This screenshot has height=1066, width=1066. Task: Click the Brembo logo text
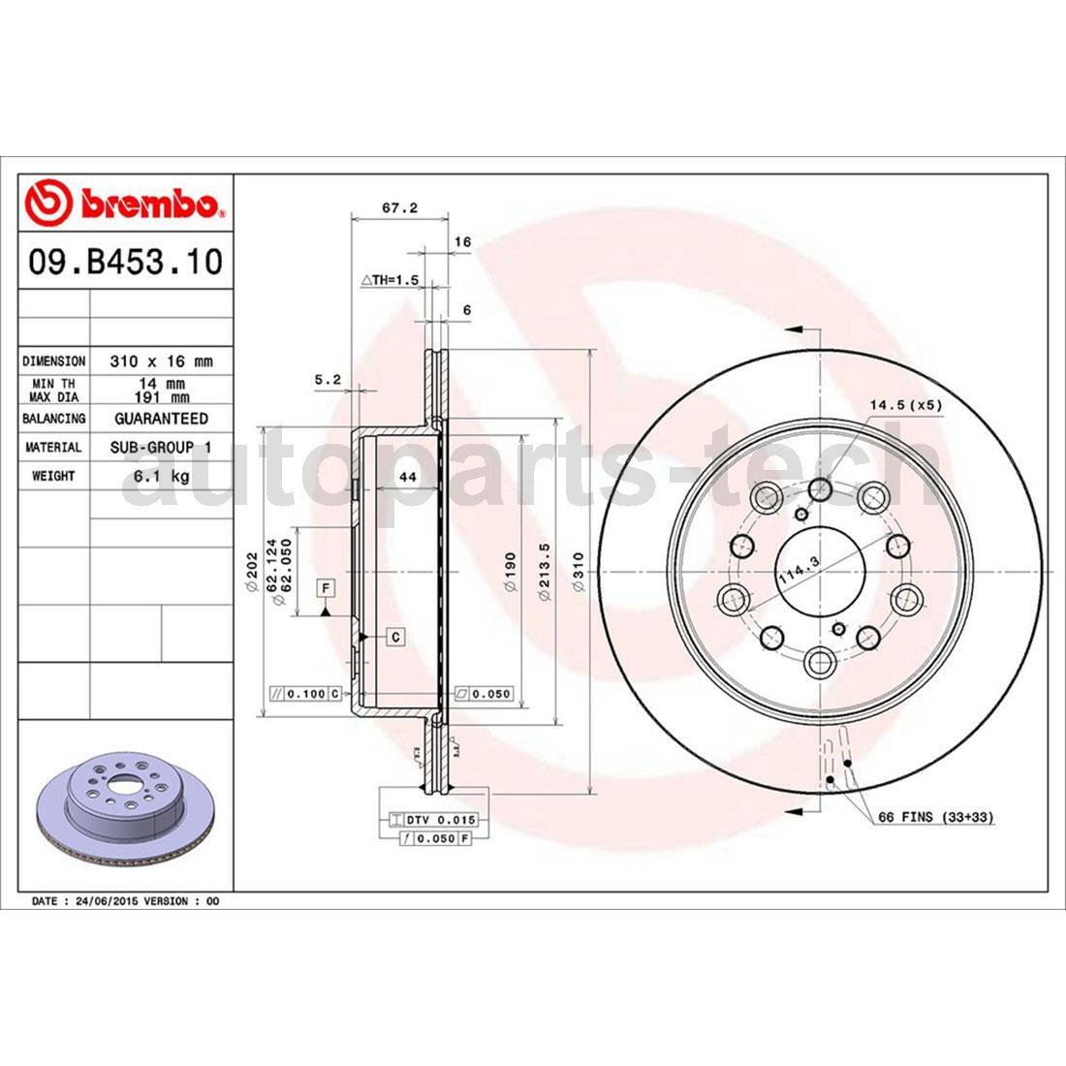click(150, 204)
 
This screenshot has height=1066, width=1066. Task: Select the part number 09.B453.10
click(126, 262)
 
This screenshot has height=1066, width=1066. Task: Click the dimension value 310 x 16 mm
click(161, 361)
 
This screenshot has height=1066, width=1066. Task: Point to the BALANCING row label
click(54, 419)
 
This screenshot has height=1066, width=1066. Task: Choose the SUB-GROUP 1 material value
click(161, 448)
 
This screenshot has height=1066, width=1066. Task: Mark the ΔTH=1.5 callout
click(389, 280)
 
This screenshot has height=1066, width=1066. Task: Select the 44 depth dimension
click(408, 477)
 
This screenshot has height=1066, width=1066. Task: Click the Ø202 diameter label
click(249, 575)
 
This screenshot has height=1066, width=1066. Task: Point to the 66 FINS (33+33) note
click(935, 818)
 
